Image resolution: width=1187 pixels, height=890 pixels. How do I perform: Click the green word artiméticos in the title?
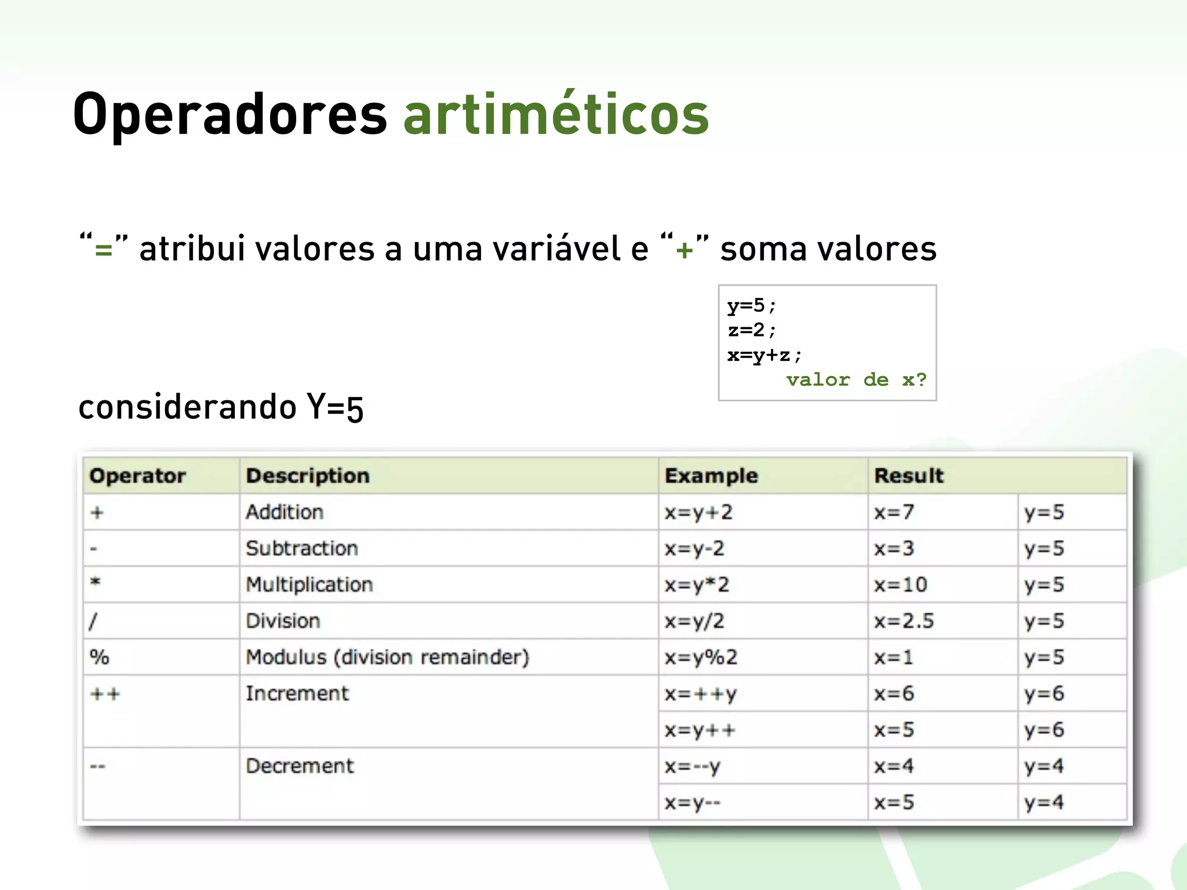tap(556, 114)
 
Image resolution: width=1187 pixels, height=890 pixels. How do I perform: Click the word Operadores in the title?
tap(230, 114)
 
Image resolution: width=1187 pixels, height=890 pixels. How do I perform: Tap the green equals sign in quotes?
tap(104, 250)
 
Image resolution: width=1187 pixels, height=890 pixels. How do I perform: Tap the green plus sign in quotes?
tap(684, 250)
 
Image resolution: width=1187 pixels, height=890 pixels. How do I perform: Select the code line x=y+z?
tap(764, 355)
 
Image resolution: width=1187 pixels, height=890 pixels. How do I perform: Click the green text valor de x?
tap(856, 380)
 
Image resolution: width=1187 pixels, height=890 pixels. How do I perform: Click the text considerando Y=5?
tap(221, 407)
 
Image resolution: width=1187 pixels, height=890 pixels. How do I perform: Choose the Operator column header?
tap(138, 476)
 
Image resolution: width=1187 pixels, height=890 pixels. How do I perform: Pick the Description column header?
tap(308, 476)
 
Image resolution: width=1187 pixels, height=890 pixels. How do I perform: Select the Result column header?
tap(909, 476)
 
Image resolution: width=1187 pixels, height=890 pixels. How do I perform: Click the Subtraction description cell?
tap(302, 548)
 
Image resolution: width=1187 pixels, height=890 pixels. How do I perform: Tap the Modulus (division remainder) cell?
tap(387, 657)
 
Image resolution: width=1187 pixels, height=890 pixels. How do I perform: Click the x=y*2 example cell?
tap(697, 585)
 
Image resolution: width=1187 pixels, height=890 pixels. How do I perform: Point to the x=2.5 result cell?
tap(904, 621)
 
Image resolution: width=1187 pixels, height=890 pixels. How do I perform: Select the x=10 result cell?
tap(900, 585)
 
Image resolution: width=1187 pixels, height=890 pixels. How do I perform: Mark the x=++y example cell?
tap(700, 694)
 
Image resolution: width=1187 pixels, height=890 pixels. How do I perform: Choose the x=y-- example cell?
tap(693, 803)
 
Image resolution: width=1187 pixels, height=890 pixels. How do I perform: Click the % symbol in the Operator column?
tap(99, 657)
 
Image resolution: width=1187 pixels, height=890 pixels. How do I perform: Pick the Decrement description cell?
tap(299, 766)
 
